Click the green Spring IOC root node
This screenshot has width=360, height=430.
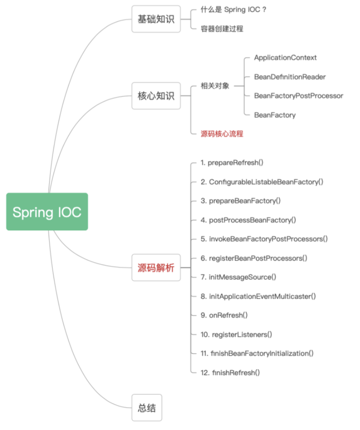point(47,212)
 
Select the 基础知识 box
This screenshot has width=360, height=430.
point(155,19)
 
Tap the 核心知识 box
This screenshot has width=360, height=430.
point(155,96)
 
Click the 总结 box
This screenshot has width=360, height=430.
point(146,408)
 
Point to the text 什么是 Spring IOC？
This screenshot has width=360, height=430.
point(234,9)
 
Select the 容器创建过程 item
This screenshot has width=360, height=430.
point(222,28)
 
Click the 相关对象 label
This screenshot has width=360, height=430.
point(215,86)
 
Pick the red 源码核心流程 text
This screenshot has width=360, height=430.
point(222,134)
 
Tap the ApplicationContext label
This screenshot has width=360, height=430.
point(285,58)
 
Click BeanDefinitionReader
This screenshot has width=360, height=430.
point(290,77)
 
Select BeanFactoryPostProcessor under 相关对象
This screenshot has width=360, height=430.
point(298,96)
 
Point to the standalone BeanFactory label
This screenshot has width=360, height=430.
point(275,115)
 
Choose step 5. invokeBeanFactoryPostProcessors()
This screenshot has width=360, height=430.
point(264,239)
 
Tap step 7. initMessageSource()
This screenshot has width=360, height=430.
point(238,277)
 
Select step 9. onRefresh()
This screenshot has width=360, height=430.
point(224,315)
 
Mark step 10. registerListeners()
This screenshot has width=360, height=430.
point(236,334)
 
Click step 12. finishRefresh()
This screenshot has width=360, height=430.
point(230,372)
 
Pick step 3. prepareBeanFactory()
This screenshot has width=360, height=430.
point(241,201)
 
